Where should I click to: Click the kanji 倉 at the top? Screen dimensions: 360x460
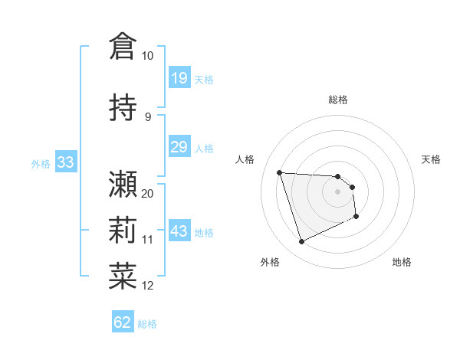coord(123,46)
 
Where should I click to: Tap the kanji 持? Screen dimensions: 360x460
coord(123,107)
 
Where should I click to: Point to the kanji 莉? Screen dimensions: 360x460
coord(123,230)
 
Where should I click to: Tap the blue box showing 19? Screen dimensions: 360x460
coord(179,78)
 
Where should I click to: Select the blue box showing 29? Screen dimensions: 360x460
coord(179,147)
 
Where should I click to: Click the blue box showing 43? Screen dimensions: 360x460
coord(179,231)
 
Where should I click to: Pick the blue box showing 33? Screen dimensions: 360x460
coord(65,162)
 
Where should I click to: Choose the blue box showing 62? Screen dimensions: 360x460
coord(123,322)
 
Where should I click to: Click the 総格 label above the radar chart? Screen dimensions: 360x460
coord(338,100)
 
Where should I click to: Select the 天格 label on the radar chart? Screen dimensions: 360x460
coord(432,159)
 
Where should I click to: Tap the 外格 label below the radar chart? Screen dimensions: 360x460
coord(270,262)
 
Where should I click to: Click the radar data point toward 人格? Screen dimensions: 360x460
coord(280,172)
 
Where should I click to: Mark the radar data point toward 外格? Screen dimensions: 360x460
coord(301,242)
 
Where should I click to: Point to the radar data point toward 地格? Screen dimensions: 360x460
coord(356,217)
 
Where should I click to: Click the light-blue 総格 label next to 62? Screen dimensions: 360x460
coord(148,324)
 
